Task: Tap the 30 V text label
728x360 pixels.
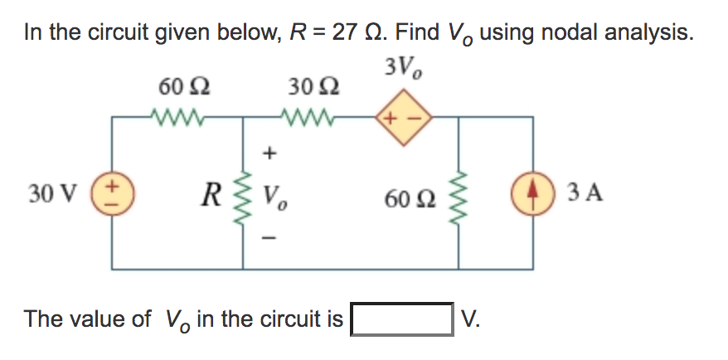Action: point(46,195)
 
